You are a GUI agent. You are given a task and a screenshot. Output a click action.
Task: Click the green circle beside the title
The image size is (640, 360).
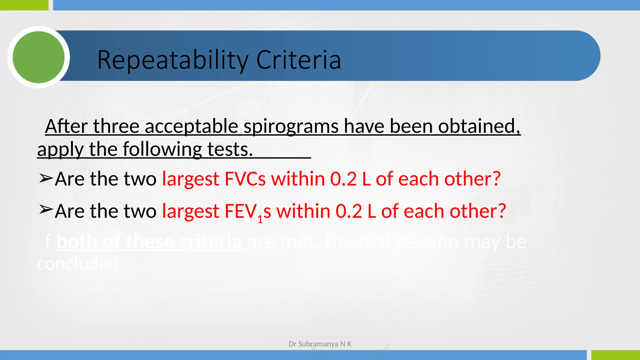click(x=38, y=57)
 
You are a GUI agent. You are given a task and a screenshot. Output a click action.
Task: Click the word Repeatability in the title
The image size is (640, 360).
click(x=173, y=60)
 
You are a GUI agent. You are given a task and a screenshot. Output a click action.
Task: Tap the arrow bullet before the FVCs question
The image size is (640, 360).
click(x=46, y=178)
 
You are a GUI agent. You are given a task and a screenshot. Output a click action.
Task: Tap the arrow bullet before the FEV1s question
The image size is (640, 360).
click(x=46, y=209)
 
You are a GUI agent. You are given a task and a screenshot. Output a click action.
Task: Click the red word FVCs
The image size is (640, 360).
click(x=245, y=179)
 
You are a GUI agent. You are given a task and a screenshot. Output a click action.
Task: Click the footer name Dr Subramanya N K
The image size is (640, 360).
click(x=320, y=344)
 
